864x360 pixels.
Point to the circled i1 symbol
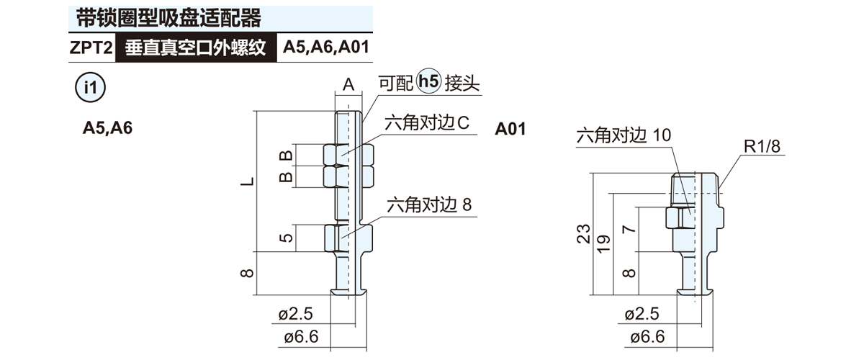[x=91, y=88]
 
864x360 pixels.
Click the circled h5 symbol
[x=428, y=83]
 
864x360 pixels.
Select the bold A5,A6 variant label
[x=107, y=129]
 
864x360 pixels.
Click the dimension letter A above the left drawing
[x=348, y=85]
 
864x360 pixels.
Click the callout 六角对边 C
[x=427, y=123]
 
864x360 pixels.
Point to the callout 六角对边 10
[x=624, y=135]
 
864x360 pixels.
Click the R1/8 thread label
[x=762, y=147]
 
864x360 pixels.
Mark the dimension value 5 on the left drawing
[x=286, y=238]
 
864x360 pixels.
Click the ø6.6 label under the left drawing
[x=299, y=338]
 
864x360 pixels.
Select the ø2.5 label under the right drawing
[x=644, y=314]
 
